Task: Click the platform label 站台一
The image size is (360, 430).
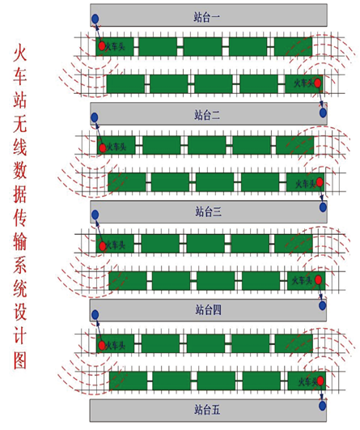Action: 207,17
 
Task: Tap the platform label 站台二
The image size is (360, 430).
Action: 207,115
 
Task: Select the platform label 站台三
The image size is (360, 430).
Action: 209,211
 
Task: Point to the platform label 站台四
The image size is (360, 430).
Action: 209,309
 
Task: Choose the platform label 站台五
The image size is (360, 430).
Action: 207,410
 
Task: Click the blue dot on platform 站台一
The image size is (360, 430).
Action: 95,19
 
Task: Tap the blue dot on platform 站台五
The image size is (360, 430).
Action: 323,406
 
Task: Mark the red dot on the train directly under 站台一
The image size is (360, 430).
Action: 102,46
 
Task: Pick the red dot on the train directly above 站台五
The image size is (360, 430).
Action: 320,381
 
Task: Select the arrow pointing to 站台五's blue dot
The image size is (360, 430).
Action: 321,393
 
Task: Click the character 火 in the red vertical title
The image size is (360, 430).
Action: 20,53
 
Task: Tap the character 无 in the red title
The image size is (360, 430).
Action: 20,124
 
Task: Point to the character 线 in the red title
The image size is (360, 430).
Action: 20,147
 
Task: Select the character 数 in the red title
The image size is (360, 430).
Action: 20,171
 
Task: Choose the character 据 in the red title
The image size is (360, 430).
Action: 20,194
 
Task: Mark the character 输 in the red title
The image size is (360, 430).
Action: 20,242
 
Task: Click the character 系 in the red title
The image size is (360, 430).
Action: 20,266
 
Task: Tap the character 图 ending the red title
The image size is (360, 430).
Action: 20,360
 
